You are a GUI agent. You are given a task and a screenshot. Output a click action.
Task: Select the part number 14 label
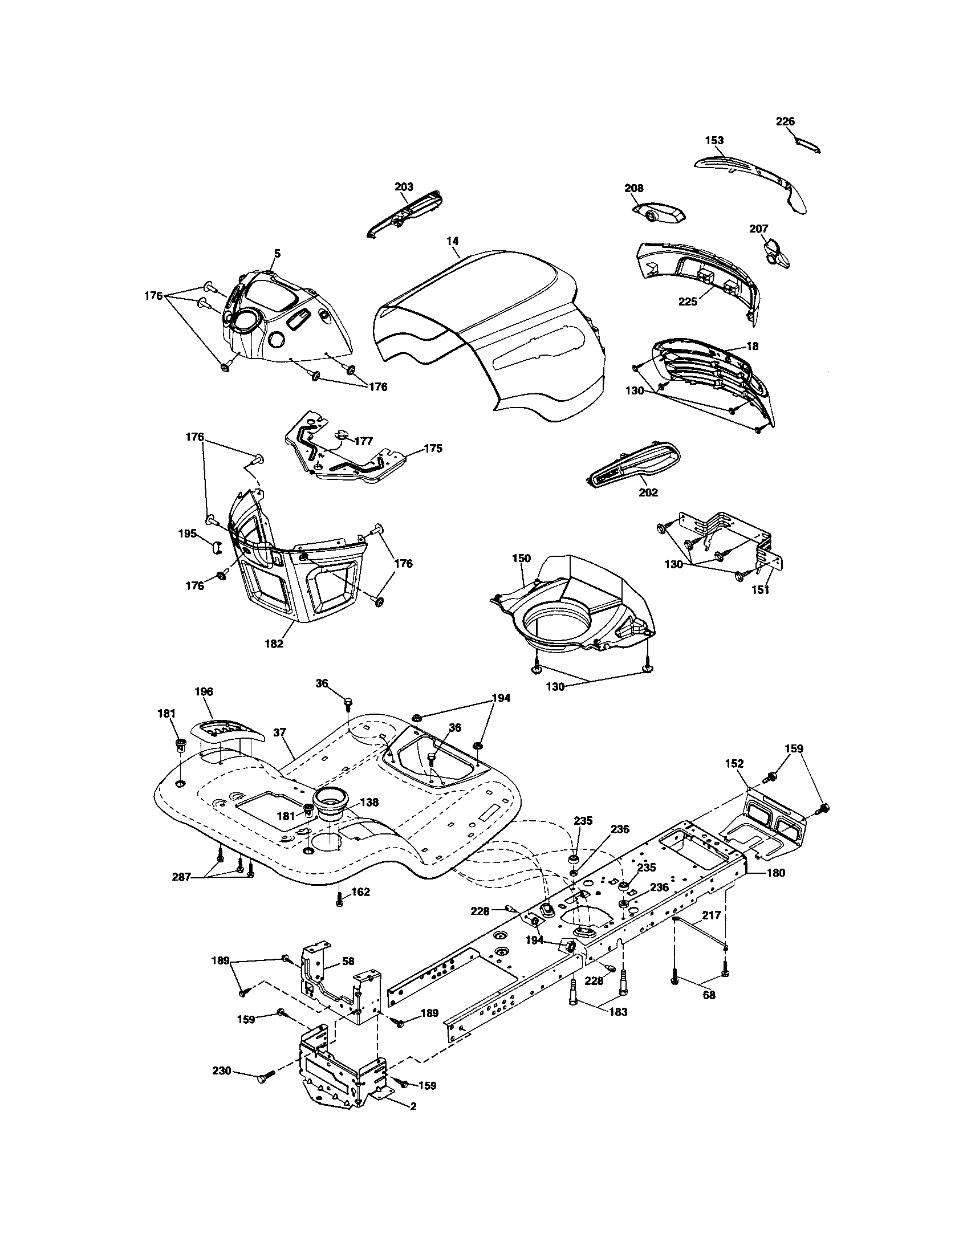click(453, 241)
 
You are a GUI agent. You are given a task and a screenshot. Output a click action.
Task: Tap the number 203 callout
click(404, 187)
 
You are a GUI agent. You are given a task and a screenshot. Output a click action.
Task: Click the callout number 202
click(648, 492)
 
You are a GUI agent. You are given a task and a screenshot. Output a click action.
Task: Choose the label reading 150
click(521, 558)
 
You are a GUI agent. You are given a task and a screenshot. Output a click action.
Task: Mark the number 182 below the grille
click(274, 644)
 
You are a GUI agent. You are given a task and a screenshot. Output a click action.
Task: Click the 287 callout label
click(182, 877)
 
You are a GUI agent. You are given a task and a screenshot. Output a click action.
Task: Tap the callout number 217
click(712, 915)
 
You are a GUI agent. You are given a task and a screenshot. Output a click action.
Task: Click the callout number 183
click(618, 1012)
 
